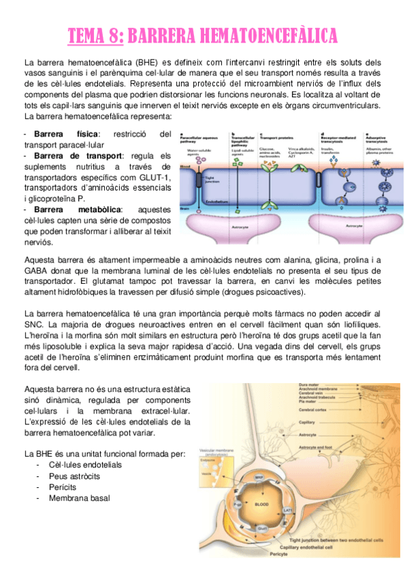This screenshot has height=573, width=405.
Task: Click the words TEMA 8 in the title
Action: point(95,34)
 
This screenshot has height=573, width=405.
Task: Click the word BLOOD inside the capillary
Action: point(262,504)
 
